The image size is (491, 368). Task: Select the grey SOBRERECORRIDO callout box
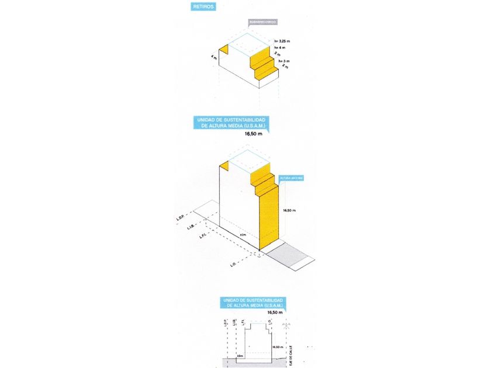click(262, 22)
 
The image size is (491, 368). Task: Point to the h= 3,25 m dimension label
click(282, 41)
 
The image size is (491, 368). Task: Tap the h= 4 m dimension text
click(280, 47)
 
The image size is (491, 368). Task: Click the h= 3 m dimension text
click(284, 61)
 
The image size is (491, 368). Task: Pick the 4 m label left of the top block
click(215, 58)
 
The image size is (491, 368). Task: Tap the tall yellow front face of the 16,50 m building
click(268, 216)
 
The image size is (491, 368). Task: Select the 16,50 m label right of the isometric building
click(289, 210)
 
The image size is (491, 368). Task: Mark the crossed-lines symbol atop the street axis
click(286, 325)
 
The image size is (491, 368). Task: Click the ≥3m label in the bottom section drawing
click(240, 355)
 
